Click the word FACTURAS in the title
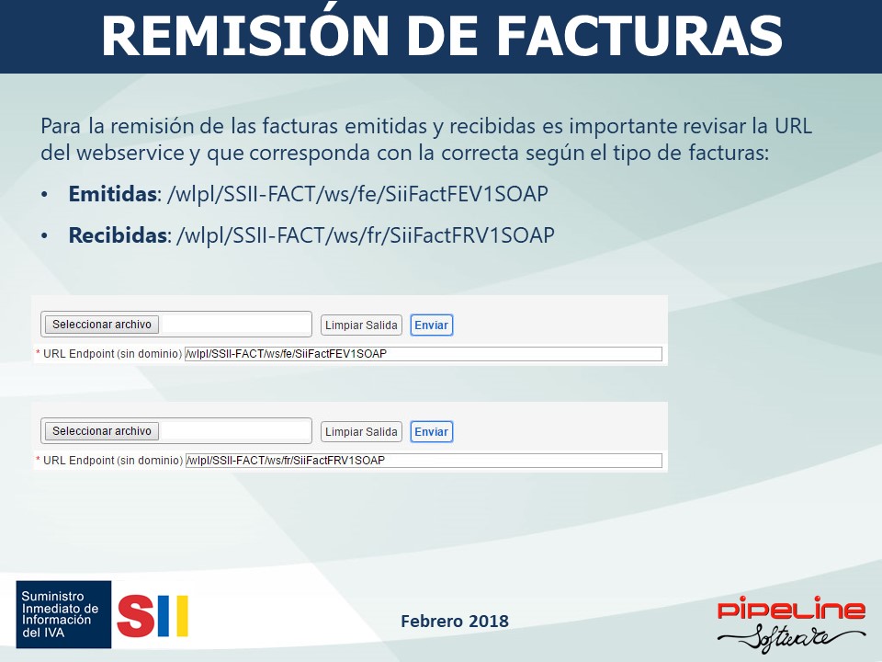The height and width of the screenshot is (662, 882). click(x=639, y=35)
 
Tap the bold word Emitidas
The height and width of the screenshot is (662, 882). click(x=112, y=194)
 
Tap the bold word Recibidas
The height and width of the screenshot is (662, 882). click(x=117, y=234)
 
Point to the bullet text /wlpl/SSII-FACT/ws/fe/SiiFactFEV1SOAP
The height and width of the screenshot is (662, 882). click(x=357, y=194)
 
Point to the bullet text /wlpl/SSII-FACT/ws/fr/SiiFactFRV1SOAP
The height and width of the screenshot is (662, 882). click(x=366, y=235)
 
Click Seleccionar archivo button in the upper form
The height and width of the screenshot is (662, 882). click(x=102, y=325)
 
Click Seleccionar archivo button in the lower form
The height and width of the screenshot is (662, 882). click(x=102, y=431)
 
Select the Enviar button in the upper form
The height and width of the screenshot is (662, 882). click(x=432, y=325)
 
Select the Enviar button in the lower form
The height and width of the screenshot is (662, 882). click(x=432, y=432)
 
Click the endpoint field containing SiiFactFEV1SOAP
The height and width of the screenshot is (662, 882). click(x=424, y=354)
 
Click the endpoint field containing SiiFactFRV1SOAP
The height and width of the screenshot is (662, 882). click(x=424, y=461)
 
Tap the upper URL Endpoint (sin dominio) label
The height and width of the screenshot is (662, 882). click(x=112, y=354)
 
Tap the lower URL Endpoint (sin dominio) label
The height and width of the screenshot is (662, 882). click(x=112, y=461)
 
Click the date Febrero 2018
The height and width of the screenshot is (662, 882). click(x=455, y=621)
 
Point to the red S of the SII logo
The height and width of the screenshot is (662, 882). click(x=136, y=616)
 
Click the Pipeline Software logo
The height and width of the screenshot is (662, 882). click(x=791, y=623)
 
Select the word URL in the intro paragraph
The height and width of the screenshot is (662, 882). click(x=793, y=126)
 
